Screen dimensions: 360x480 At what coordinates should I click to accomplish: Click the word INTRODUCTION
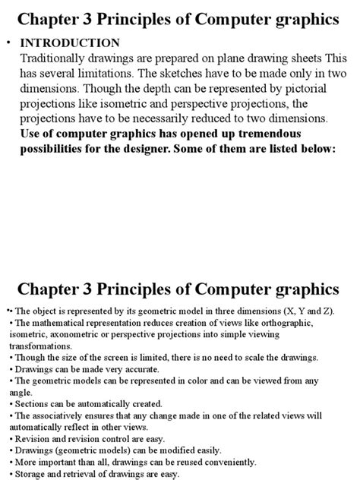70,43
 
